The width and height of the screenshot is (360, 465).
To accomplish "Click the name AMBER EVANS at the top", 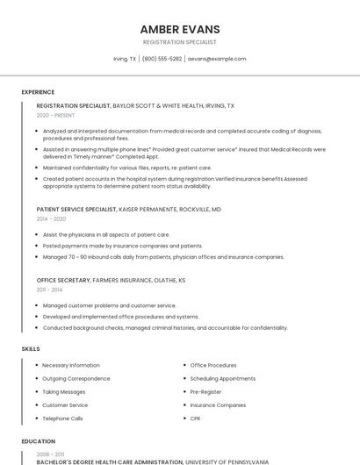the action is tap(180, 29).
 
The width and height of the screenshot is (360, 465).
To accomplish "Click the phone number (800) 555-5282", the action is tap(162, 59).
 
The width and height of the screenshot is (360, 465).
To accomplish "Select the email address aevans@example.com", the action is tap(217, 59).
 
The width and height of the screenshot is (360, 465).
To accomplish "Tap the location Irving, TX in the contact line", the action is tap(125, 59).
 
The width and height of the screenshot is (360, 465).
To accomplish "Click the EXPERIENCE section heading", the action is tap(38, 92).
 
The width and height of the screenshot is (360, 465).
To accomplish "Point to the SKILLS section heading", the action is tap(31, 349).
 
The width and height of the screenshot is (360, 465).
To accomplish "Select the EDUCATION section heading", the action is tap(38, 441).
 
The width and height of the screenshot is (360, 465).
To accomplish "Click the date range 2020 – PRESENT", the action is tap(56, 115).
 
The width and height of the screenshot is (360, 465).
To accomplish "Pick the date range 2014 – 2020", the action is tap(51, 219).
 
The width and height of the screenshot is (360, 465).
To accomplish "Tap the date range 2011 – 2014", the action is tap(49, 289).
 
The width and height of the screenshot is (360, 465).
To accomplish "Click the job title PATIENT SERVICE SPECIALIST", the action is tap(76, 210).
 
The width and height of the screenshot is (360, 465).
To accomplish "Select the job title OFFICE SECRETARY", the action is tap(63, 280).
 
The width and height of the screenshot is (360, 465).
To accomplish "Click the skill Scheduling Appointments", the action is tap(223, 378).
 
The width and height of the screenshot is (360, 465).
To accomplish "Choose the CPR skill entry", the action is tap(195, 418).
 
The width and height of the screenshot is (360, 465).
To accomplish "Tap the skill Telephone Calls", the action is tap(62, 418).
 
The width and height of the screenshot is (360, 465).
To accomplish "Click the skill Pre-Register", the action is tap(206, 391).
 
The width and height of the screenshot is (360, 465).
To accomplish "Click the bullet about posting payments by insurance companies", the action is tap(122, 246).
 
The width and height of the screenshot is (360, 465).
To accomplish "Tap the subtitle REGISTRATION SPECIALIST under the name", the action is tap(180, 42).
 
